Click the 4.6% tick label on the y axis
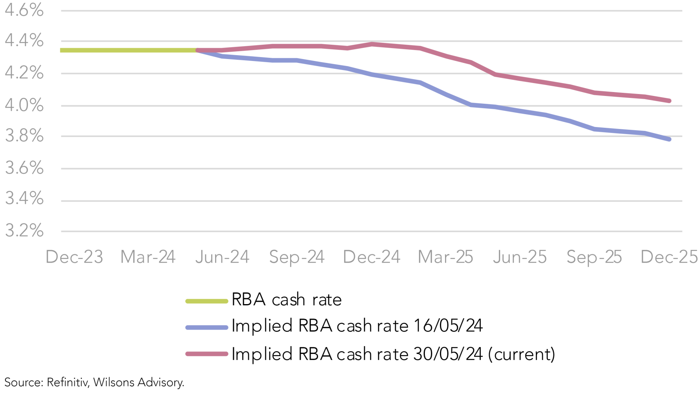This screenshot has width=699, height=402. coord(24,10)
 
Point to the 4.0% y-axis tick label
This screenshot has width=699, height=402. coord(24,105)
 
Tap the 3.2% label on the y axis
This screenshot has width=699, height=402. coord(24,231)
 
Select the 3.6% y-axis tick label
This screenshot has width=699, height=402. coord(24,168)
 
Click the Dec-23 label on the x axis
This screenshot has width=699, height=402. coord(74,257)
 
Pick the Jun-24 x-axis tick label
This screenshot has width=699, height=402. coord(222,257)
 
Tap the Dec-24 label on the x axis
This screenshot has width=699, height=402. coord(372,257)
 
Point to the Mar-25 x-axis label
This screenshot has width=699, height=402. coord(445,257)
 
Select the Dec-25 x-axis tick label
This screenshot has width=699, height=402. coord(669,257)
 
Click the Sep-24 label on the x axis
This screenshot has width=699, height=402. coord(297,257)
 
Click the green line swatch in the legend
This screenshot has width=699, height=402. coord(207,301)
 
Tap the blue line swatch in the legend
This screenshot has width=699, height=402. coord(207,327)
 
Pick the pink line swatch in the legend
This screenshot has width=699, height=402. coord(207,354)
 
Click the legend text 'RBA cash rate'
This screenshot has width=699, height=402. coord(287,300)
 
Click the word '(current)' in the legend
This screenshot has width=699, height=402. coord(522,354)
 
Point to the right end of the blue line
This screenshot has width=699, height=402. coord(669,139)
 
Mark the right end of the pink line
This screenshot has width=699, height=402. coord(669,101)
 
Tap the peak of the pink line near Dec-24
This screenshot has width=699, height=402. coord(372,44)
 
